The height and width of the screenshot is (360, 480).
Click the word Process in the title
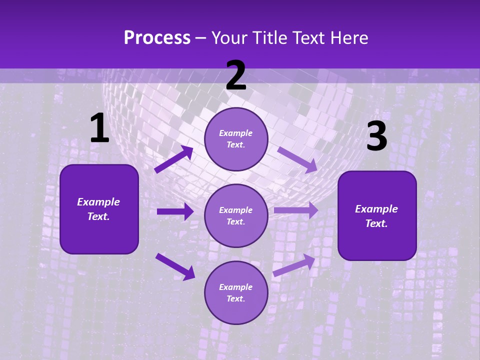(x=157, y=38)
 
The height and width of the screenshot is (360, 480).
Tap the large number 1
(x=99, y=128)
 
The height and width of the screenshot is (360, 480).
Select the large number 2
(x=236, y=75)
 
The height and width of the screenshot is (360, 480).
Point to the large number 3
(x=376, y=136)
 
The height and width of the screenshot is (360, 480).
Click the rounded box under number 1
(x=99, y=209)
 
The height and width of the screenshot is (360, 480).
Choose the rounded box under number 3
(x=377, y=215)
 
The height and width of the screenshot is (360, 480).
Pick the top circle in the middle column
(x=236, y=139)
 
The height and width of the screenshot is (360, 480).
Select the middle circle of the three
(x=236, y=215)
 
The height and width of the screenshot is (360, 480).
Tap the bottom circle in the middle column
(x=236, y=292)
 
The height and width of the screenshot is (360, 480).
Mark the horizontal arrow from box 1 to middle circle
(x=175, y=211)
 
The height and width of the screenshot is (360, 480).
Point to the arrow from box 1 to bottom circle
(x=175, y=266)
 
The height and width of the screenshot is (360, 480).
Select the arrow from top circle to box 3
(x=297, y=159)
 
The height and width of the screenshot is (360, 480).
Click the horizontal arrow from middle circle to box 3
(x=296, y=210)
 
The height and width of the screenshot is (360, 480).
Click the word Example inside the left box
(x=98, y=202)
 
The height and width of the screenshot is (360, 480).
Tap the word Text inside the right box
(x=376, y=223)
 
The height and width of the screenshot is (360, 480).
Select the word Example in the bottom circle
(x=236, y=287)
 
